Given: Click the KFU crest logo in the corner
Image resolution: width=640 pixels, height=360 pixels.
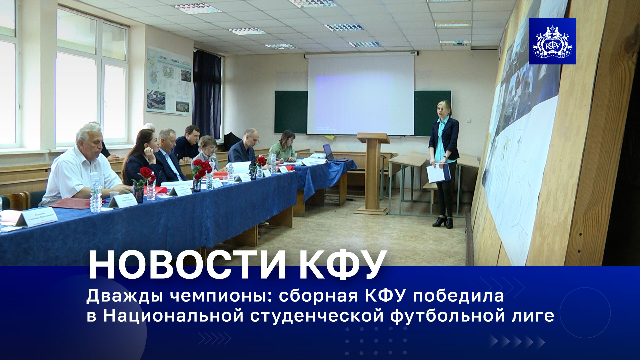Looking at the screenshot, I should (x=552, y=41).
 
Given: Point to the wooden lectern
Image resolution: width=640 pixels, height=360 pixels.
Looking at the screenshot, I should (x=373, y=173).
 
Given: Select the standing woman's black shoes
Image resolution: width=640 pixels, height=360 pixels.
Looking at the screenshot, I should (x=443, y=222).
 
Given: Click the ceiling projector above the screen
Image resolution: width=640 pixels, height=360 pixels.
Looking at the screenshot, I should (x=413, y=53).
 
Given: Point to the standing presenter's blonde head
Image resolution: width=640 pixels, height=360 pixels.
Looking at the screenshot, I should (x=444, y=108).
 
